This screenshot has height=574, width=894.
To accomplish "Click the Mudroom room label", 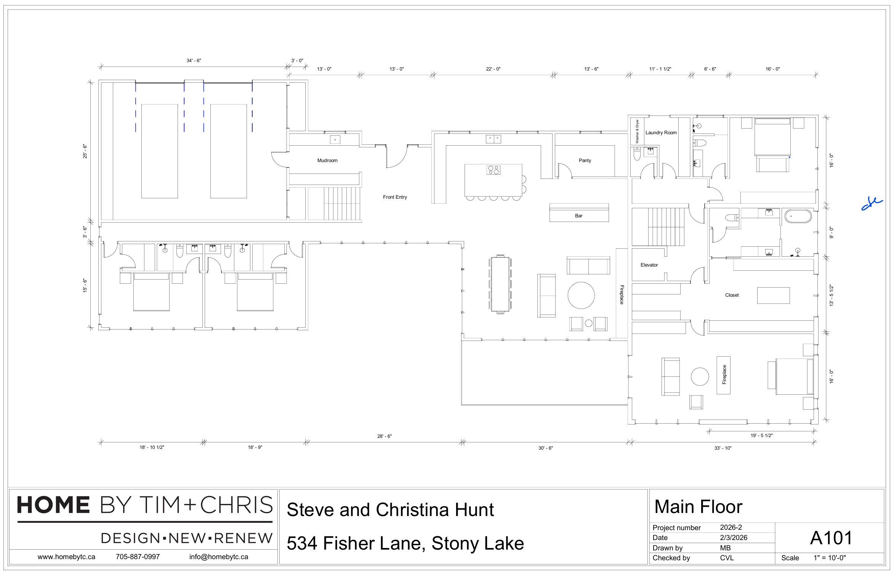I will pyautogui.click(x=327, y=161).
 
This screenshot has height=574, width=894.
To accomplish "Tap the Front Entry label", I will pyautogui.click(x=395, y=197).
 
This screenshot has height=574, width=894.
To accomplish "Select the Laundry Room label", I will pyautogui.click(x=661, y=133).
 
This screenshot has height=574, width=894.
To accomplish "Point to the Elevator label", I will pyautogui.click(x=649, y=265).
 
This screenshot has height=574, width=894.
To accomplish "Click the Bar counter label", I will pyautogui.click(x=578, y=216).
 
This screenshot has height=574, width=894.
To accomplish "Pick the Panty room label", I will pyautogui.click(x=585, y=161).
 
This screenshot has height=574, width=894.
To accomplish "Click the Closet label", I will pyautogui.click(x=732, y=295).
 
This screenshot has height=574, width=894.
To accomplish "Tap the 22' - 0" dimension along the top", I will pyautogui.click(x=493, y=69).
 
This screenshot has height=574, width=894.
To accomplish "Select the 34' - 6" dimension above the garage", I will pyautogui.click(x=194, y=61).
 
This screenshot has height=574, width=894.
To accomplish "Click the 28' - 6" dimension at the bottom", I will pyautogui.click(x=384, y=436).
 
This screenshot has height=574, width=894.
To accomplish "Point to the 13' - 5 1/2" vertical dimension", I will pyautogui.click(x=831, y=295).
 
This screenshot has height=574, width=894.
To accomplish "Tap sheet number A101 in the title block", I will pyautogui.click(x=831, y=538).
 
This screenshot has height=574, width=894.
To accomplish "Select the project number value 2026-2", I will pyautogui.click(x=731, y=527).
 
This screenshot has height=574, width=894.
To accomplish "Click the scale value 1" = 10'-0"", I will pyautogui.click(x=829, y=558).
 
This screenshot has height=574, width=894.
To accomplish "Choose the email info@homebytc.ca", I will pyautogui.click(x=218, y=557).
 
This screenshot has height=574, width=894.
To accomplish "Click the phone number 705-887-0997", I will pyautogui.click(x=138, y=557).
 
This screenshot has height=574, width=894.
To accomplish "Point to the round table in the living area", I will pyautogui.click(x=581, y=295).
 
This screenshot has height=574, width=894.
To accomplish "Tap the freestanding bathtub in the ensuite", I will pyautogui.click(x=798, y=216).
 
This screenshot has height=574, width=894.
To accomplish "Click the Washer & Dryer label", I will pyautogui.click(x=637, y=131).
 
